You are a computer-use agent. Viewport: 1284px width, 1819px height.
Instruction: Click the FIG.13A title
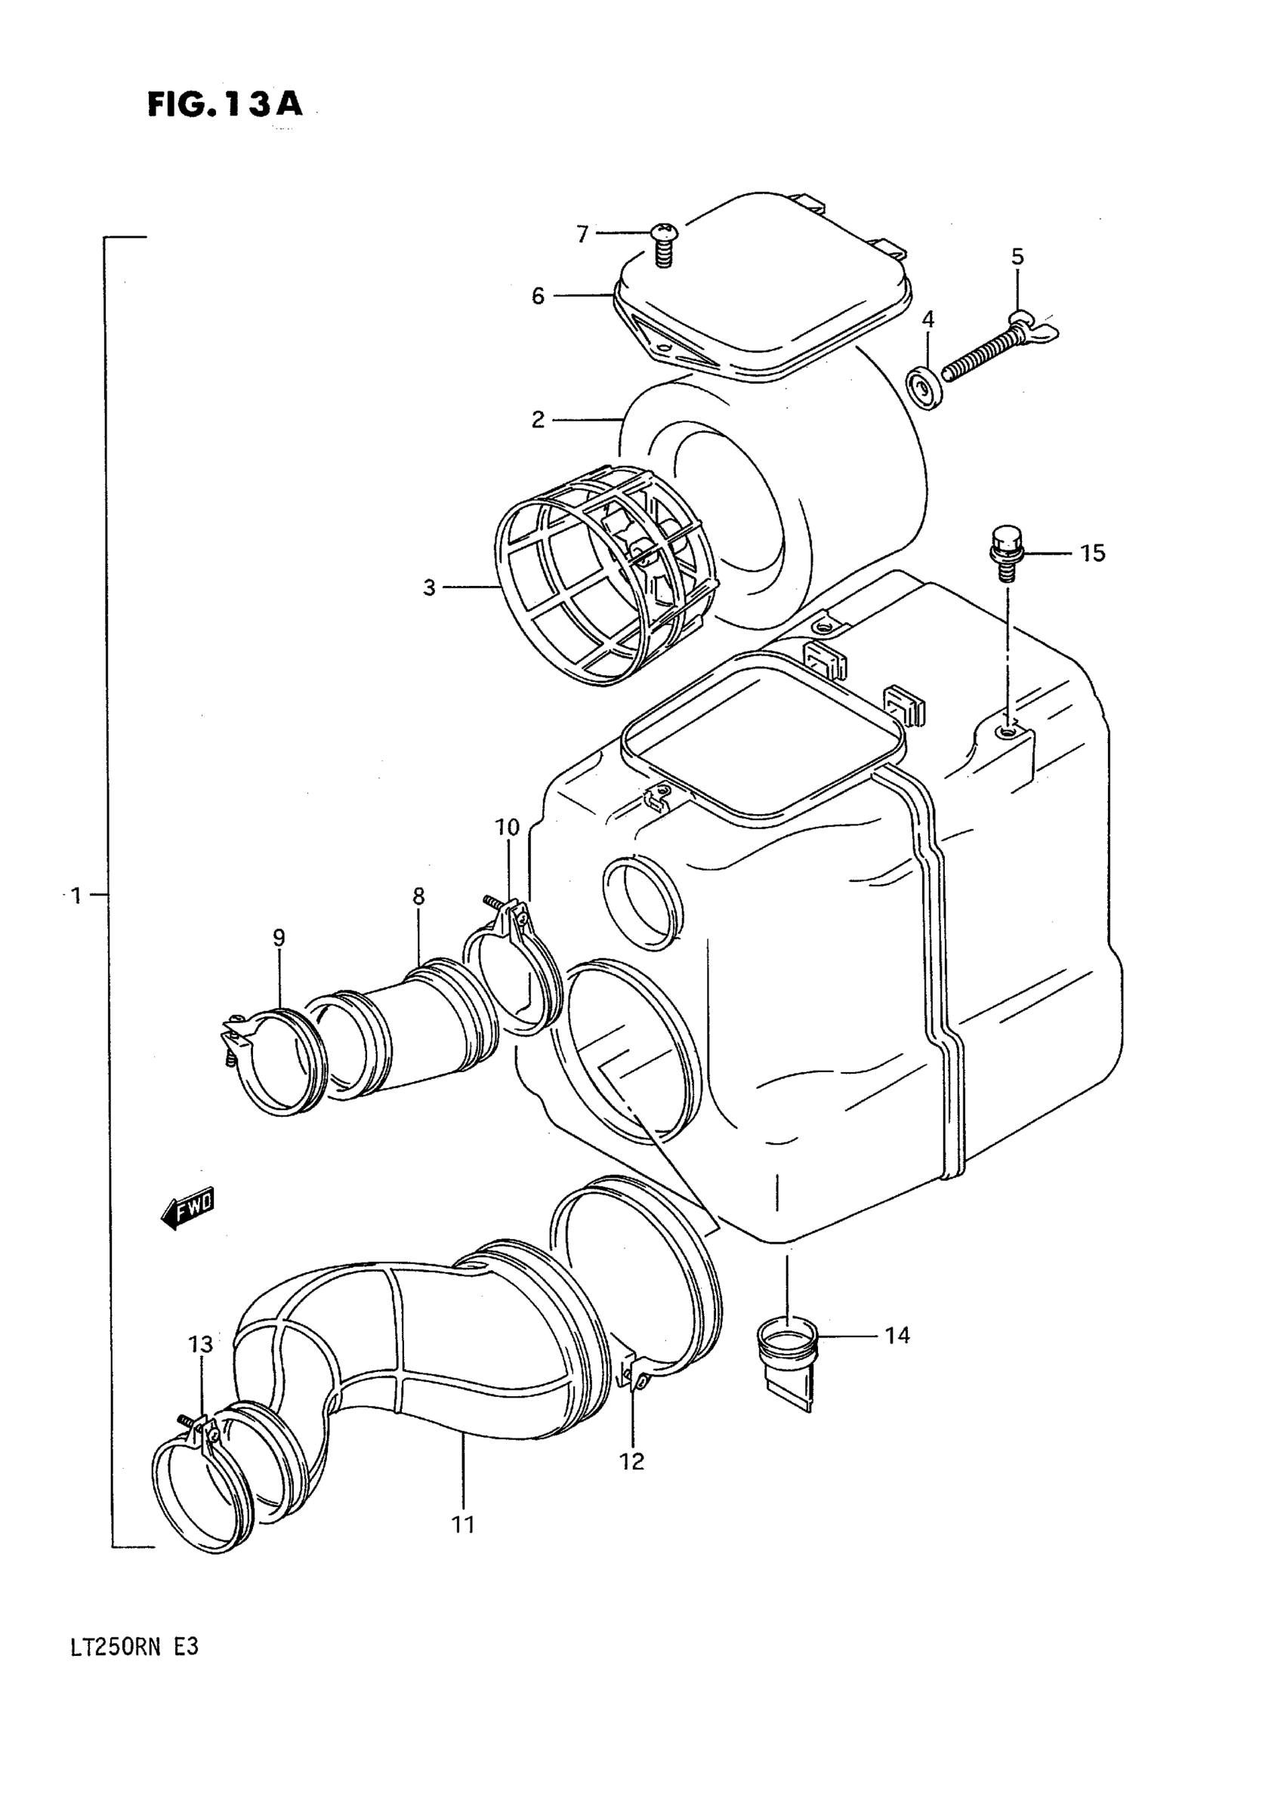click(x=225, y=103)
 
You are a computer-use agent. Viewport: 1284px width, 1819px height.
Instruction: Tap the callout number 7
click(x=582, y=235)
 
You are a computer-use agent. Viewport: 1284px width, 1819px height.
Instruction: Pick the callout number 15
click(x=1092, y=553)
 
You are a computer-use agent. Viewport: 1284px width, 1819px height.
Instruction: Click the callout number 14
click(x=897, y=1336)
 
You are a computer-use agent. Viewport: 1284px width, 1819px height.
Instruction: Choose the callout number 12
click(x=631, y=1461)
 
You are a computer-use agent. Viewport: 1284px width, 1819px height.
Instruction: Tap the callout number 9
click(x=279, y=938)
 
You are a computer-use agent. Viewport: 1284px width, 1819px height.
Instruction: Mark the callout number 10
click(x=508, y=828)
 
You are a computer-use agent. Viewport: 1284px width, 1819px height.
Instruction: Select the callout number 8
click(x=418, y=896)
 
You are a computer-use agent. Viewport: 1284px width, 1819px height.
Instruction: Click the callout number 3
click(x=429, y=588)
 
